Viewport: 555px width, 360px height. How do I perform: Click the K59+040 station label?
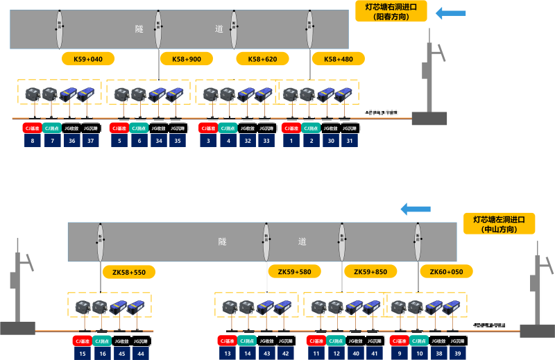(x=88, y=59)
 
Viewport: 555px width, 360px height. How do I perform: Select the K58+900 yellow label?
(x=186, y=59)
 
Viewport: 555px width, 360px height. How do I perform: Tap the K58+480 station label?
(x=338, y=59)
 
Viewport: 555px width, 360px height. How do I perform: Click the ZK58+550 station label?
(x=128, y=272)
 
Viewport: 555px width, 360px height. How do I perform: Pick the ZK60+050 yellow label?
(x=446, y=272)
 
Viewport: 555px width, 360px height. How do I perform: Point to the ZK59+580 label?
(x=294, y=272)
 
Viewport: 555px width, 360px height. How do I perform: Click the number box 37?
(x=90, y=141)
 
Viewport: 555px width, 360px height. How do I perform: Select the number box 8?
(x=32, y=141)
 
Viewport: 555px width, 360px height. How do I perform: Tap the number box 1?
(x=291, y=141)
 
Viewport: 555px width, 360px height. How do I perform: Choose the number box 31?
(x=350, y=141)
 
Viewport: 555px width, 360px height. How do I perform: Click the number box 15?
(x=83, y=354)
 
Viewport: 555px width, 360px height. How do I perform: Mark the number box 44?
(x=141, y=354)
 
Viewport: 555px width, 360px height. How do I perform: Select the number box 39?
(x=457, y=354)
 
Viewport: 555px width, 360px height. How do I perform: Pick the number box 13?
(x=227, y=354)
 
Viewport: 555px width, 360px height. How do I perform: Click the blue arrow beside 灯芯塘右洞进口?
(x=451, y=13)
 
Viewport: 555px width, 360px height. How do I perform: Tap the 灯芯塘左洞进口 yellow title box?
(x=499, y=223)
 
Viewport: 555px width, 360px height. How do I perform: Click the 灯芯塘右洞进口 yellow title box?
(x=391, y=11)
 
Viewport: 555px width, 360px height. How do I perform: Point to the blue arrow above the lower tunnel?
(x=416, y=209)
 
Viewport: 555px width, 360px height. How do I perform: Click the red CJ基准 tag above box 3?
(x=208, y=128)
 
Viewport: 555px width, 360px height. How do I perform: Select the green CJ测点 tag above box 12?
(x=336, y=341)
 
